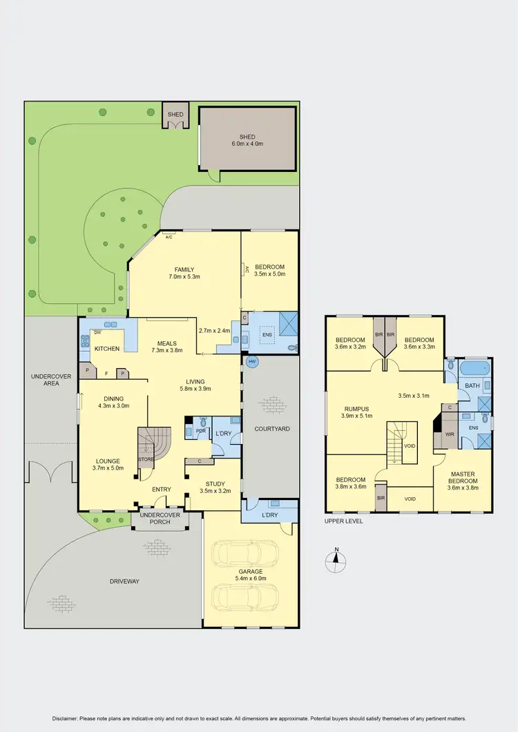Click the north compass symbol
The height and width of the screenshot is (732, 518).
(x=335, y=561)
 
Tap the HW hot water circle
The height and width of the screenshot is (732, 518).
(x=251, y=361)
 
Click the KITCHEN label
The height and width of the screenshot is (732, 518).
(x=108, y=349)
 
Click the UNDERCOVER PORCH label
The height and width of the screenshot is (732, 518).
(x=160, y=519)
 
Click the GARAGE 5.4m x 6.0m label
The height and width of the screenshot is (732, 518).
(x=251, y=575)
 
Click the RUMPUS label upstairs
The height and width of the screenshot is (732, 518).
(x=356, y=412)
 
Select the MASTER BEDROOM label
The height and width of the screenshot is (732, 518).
(x=463, y=476)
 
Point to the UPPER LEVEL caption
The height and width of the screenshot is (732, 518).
(x=343, y=521)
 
